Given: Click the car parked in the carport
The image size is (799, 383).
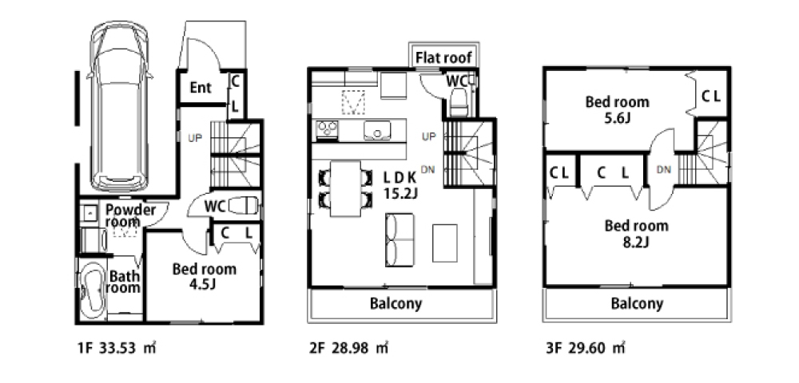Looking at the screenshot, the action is coord(120,106).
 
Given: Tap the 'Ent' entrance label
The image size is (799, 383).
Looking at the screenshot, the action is coord(201,88).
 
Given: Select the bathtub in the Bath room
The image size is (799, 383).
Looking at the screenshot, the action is coord(92,290).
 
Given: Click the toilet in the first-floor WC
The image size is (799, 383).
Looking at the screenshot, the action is coord(243,206).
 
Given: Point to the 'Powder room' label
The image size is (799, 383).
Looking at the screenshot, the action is coord(130,215).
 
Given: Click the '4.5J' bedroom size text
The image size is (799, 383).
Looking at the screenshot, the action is coord(203,284).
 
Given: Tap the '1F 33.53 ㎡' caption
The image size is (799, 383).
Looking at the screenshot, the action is coord(117,349).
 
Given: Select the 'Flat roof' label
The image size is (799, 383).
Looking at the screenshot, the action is coord(443,57).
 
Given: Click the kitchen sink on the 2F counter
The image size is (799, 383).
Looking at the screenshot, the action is coord(377,131).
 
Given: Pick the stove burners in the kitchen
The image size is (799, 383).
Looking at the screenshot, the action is coord(327,129).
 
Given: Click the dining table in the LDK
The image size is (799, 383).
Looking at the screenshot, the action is coord(345,188).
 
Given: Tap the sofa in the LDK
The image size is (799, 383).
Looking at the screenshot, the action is coord(399,240).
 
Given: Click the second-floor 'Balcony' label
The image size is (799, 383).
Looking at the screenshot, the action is coord(396,304).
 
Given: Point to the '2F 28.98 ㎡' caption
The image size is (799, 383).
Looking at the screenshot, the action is coord(348,349).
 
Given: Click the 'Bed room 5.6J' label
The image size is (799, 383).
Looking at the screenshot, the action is coord(617,109).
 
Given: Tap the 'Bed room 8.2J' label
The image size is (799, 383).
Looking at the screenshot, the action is coord(637,233).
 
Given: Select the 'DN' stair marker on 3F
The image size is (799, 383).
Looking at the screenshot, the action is coord(664,170).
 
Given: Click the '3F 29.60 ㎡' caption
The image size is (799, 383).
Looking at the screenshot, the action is coord(585,349).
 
